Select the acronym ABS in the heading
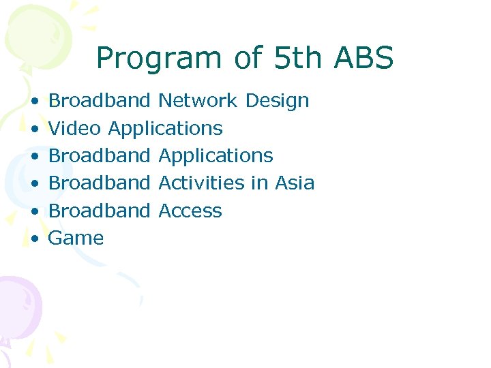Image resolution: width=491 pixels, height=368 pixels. point(363,59)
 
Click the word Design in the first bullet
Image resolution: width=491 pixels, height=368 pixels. point(277,102)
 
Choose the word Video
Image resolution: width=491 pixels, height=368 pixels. point(75,128)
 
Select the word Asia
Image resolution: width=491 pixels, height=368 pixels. point(295,183)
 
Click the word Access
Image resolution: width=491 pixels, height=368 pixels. point(190,211)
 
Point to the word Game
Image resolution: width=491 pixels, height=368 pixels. point(76,239)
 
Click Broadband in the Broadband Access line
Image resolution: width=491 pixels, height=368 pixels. point(99,211)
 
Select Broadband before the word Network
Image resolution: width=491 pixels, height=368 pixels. point(99,101)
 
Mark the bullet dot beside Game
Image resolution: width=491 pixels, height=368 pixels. point(33,239)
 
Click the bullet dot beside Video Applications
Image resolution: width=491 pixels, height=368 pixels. point(33,129)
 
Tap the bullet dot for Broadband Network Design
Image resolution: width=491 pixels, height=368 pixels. point(33,102)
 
